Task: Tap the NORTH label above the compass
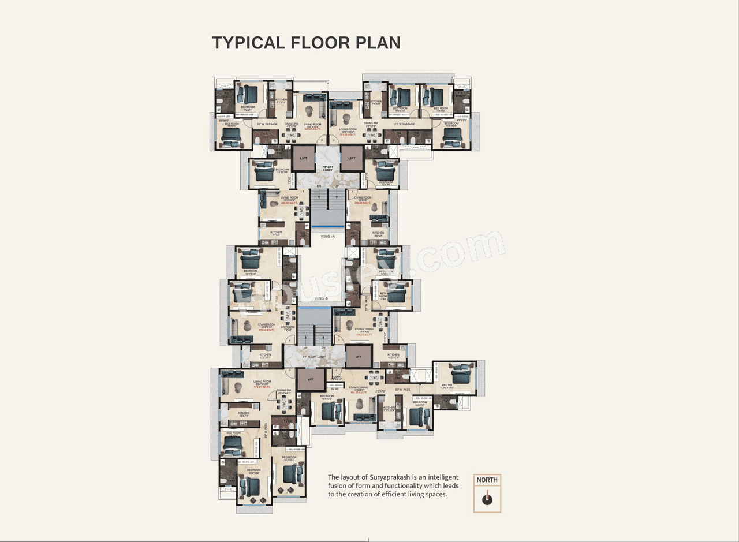(487, 480)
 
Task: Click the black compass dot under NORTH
(487, 500)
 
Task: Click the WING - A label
(327, 236)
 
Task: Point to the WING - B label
(321, 298)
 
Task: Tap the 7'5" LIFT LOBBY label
(327, 167)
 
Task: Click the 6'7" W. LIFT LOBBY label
(315, 357)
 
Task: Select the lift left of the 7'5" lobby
(304, 158)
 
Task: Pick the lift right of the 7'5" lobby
(352, 158)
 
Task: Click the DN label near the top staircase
(319, 186)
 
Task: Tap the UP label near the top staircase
(336, 186)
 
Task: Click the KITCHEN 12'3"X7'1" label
(265, 356)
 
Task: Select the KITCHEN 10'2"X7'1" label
(393, 356)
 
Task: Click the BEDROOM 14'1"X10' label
(251, 272)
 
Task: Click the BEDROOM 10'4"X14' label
(254, 472)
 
